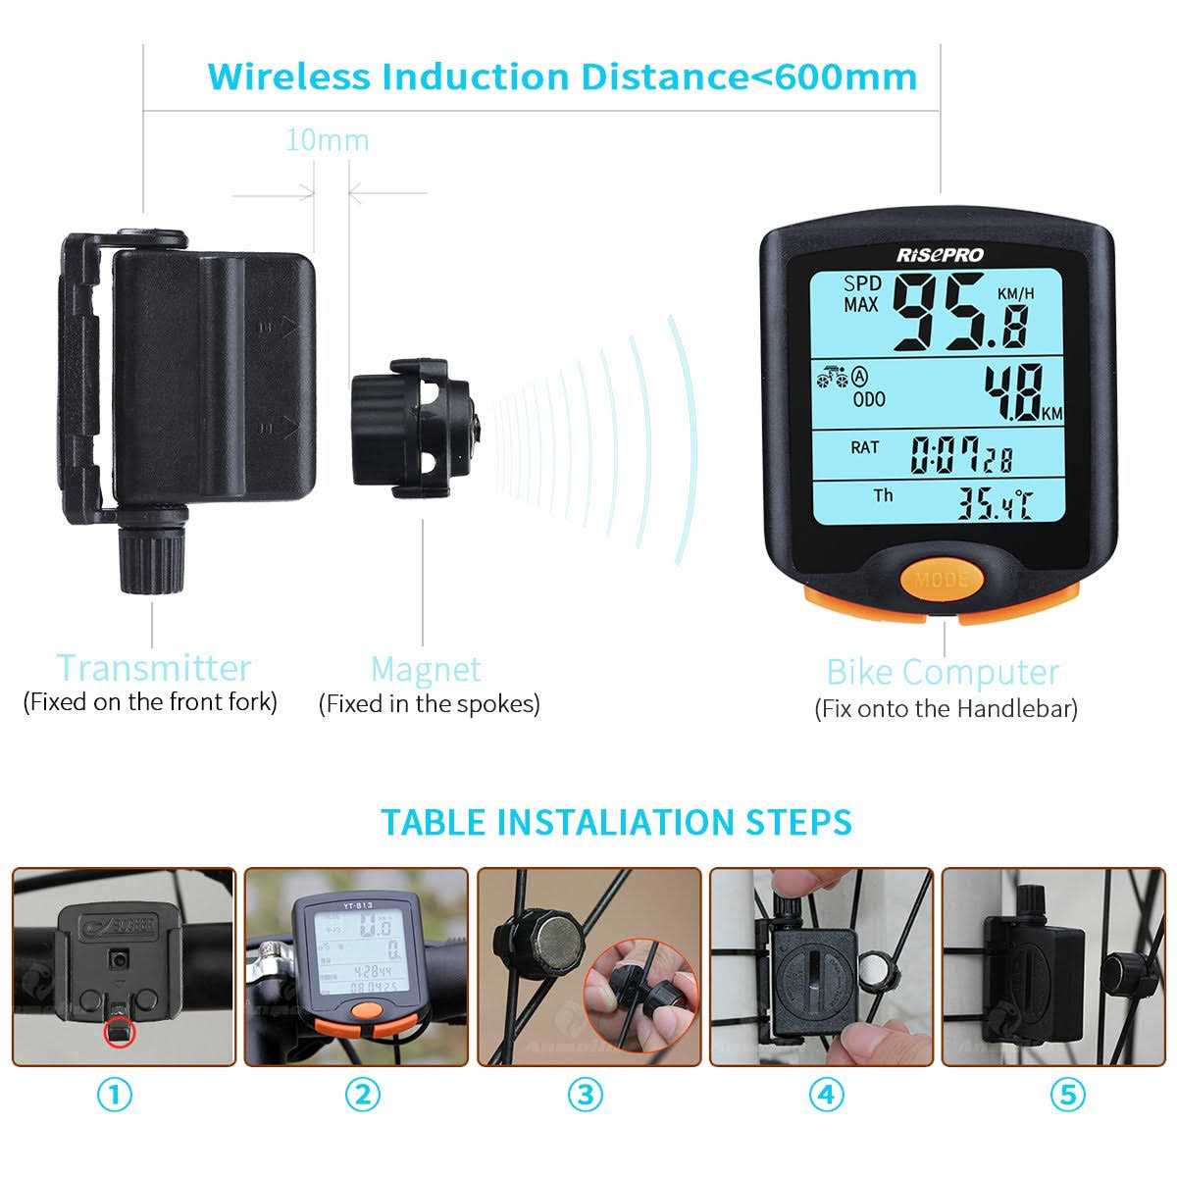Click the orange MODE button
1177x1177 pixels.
[941, 579]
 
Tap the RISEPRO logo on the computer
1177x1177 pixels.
[939, 255]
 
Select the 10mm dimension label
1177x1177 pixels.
[327, 140]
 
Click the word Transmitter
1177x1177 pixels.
[153, 668]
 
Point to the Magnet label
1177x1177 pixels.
[426, 669]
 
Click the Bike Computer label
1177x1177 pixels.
[943, 672]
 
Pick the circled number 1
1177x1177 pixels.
[116, 1095]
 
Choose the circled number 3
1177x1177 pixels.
[586, 1095]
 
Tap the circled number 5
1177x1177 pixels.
[1067, 1095]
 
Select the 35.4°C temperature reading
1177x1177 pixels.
[994, 504]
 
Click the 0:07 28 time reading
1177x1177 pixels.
[960, 455]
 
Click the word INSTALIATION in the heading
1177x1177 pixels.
[633, 822]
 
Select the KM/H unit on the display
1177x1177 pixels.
[1015, 293]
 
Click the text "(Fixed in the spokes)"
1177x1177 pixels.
[429, 704]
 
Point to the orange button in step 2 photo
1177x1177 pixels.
[367, 1010]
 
